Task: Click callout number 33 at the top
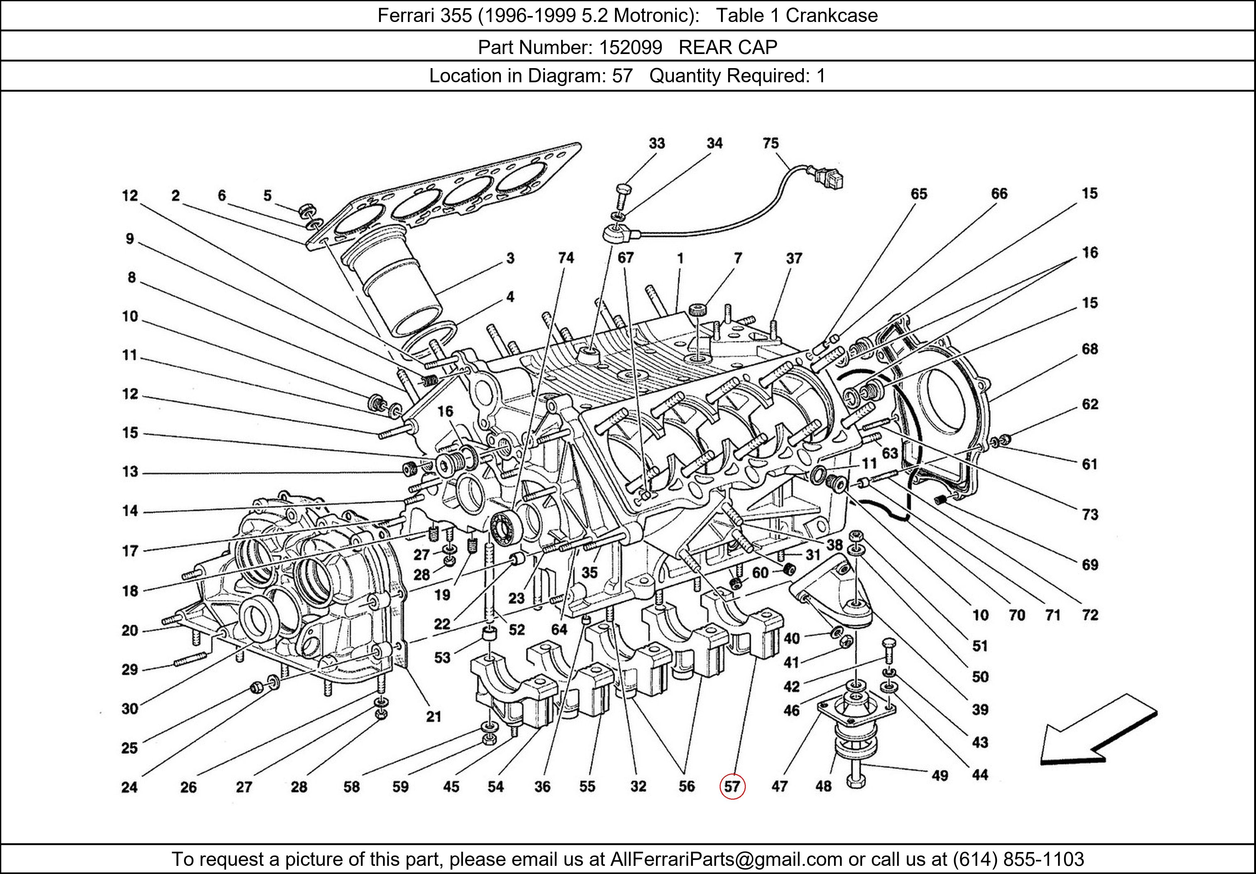[x=657, y=143]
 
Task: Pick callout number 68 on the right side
[x=1089, y=349]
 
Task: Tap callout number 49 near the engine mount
[x=939, y=775]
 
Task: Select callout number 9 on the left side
[x=130, y=239]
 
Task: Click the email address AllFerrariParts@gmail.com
[x=726, y=859]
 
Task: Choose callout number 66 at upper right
[x=999, y=194]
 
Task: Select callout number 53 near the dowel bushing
[x=442, y=657]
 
